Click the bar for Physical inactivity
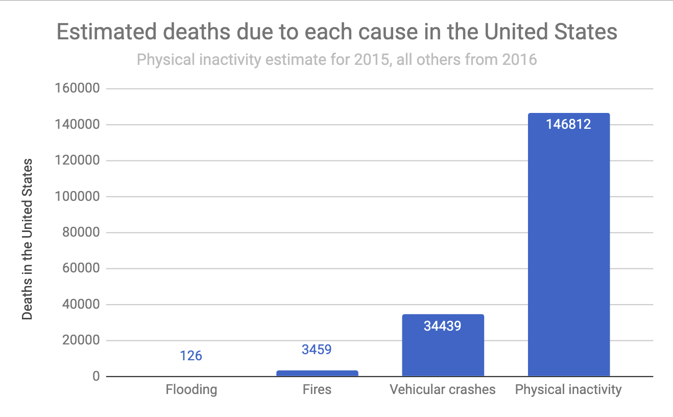[568, 245]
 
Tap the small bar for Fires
[317, 374]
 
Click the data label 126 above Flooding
[191, 355]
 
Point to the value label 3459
[317, 350]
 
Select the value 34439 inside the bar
[442, 326]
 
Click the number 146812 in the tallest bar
[568, 124]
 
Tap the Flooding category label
[191, 389]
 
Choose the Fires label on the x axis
[317, 389]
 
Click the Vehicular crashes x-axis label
[442, 389]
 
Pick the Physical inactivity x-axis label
[568, 389]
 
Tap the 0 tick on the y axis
[95, 377]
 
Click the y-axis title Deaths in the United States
[28, 239]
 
